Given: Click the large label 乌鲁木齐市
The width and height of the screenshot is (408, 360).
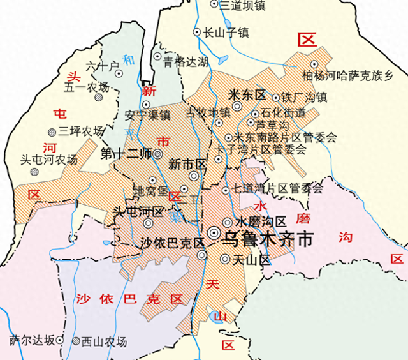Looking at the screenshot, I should (x=268, y=239).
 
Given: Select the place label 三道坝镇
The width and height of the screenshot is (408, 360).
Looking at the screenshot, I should (x=243, y=5).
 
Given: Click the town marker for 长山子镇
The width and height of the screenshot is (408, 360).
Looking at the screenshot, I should (x=197, y=32).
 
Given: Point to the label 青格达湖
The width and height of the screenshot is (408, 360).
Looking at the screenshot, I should (x=186, y=62).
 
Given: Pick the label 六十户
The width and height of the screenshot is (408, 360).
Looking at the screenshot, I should (x=102, y=66).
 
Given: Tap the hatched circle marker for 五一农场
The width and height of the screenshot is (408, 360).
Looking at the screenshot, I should (x=98, y=98).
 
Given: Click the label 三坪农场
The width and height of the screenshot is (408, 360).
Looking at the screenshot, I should (x=80, y=131).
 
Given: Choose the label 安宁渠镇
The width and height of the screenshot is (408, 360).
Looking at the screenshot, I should (x=147, y=116).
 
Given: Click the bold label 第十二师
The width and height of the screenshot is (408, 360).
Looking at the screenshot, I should (x=126, y=153).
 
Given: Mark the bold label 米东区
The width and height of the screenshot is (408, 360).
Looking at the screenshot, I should (x=246, y=94).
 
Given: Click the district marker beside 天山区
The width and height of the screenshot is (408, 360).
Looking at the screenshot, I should (x=224, y=259).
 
